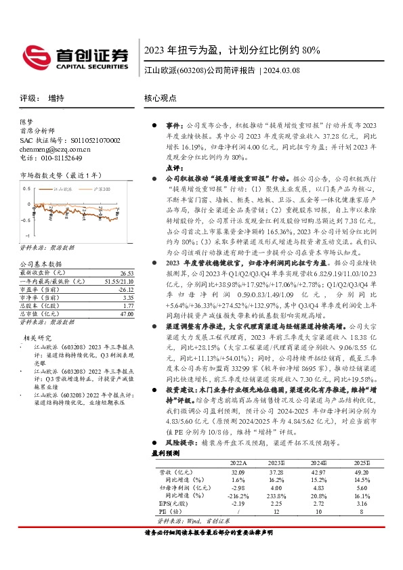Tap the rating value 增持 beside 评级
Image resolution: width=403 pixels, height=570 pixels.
56,98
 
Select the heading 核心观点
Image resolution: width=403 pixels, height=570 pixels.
160,98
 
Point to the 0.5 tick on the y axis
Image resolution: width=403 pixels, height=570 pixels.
28,188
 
